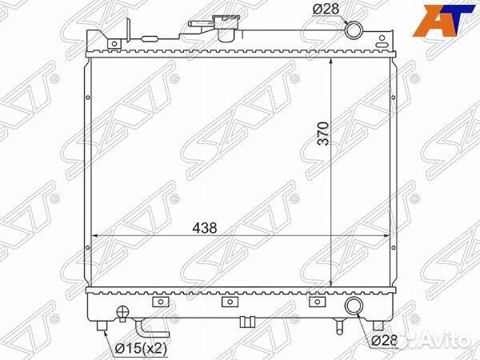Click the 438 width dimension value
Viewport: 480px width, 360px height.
[205, 228]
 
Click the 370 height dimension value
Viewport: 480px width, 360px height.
[323, 134]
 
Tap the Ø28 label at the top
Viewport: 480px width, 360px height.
[326, 9]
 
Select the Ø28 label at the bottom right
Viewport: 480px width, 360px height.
[385, 340]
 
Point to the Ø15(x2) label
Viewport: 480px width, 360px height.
[141, 348]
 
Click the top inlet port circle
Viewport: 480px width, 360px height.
[354, 30]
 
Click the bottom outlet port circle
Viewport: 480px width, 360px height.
[354, 306]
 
